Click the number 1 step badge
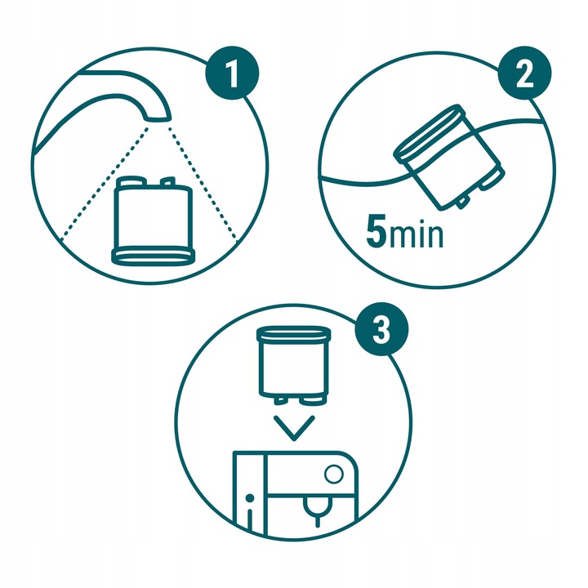pos(232,73)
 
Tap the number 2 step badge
pos(524,73)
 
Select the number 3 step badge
pos(381,329)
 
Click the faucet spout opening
pos(158,118)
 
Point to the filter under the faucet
pos(153,220)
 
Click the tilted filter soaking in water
pos(449,158)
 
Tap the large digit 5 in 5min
pos(376,231)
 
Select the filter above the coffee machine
pos(294,366)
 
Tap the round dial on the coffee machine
pos(333,474)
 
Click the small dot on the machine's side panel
pos(249,498)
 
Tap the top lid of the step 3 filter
pos(294,334)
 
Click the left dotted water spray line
pos(104,184)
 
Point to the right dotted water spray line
pos(203,184)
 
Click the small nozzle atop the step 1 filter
pos(167,181)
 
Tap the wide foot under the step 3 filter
pos(312,401)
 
